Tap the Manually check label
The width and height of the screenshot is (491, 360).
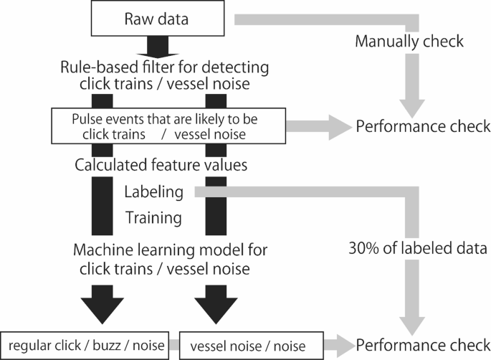pos(409,42)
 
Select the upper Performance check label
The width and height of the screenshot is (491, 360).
pos(423,127)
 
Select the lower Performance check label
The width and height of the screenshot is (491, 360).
pos(423,344)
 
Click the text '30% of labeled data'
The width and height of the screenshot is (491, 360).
pos(409,250)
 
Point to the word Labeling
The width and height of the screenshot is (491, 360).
pos(153,192)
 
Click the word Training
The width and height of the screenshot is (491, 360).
pos(152,216)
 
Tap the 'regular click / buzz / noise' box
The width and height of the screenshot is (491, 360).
pos(85,345)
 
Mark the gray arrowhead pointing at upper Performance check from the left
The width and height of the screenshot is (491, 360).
pos(334,127)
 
